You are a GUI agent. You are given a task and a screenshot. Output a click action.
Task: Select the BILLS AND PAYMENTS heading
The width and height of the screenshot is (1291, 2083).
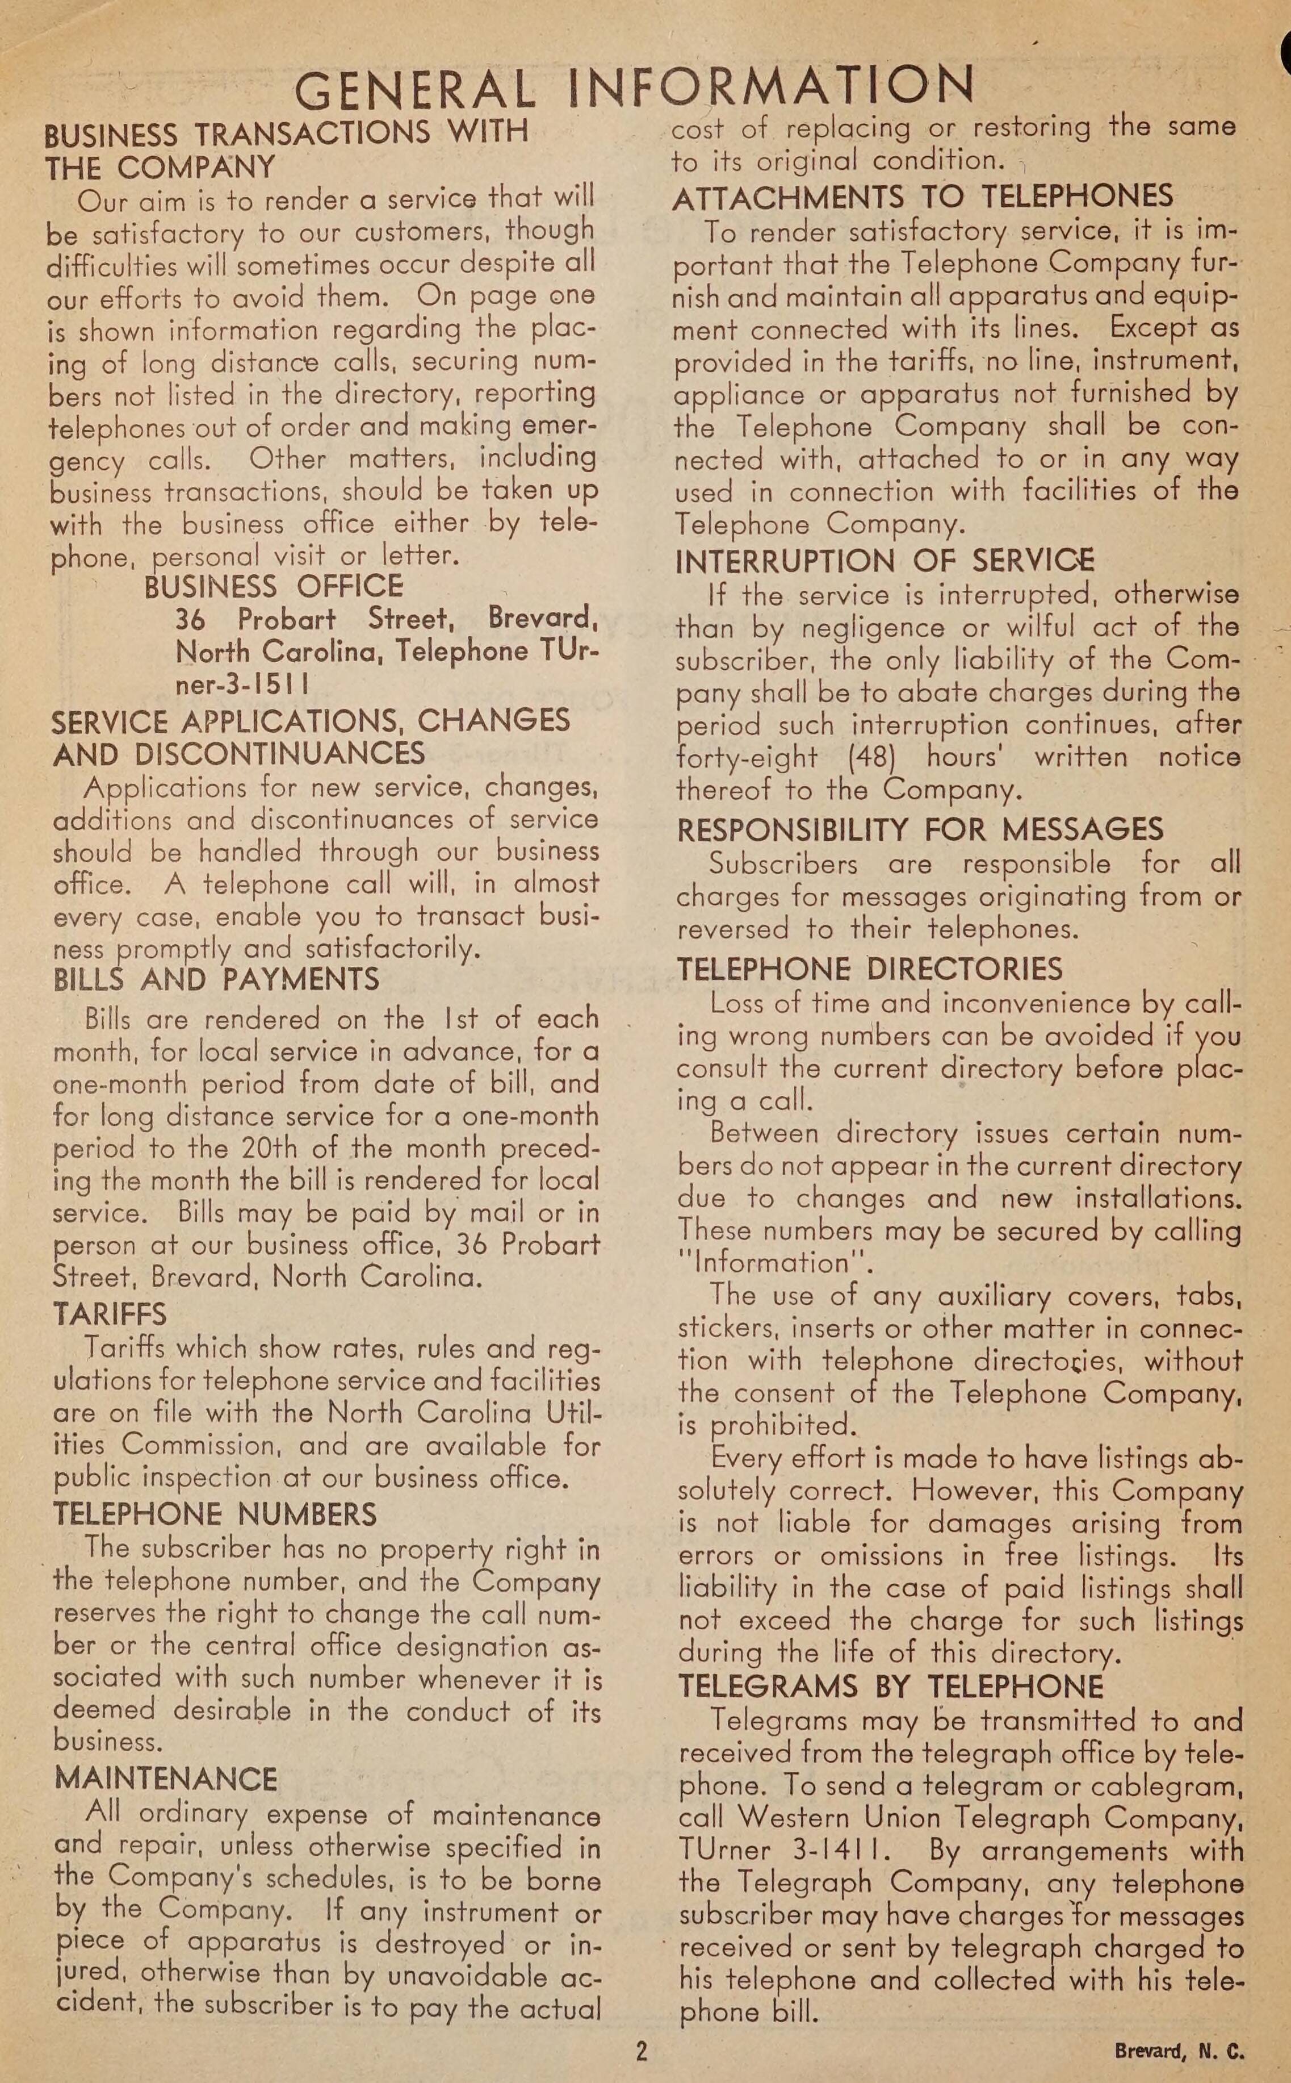coord(216,979)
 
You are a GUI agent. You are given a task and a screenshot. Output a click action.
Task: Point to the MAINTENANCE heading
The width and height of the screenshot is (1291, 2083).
coord(166,1778)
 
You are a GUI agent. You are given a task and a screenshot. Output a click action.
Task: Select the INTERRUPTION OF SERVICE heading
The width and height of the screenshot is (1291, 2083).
coord(885,561)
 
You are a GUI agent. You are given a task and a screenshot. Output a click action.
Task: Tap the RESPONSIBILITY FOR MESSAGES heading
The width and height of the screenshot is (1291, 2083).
coord(920,829)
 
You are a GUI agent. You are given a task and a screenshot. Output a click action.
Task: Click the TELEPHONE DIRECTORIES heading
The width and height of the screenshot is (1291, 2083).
coord(869,969)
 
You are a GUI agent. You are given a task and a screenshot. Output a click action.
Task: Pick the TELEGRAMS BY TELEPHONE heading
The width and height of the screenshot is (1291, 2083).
coord(891,1687)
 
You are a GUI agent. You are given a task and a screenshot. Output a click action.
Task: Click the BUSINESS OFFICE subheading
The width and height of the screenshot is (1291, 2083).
coord(273,587)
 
